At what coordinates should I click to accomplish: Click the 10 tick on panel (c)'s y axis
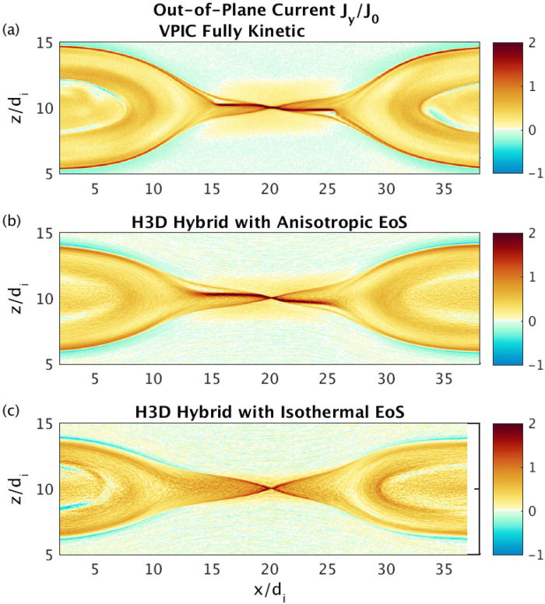click(45, 490)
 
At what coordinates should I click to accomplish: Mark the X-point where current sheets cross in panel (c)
click(272, 488)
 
